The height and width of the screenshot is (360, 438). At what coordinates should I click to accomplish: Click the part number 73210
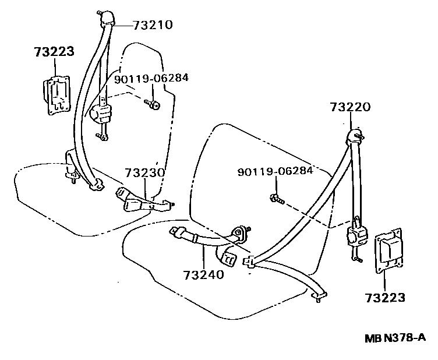tap(153, 25)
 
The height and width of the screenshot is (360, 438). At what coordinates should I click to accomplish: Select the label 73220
tap(349, 107)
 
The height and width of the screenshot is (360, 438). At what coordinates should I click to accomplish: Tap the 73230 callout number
tap(144, 173)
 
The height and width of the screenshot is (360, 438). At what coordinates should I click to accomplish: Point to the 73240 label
tap(203, 274)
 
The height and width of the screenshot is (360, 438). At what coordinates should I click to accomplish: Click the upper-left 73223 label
tap(54, 52)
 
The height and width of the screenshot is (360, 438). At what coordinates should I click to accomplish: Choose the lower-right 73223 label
tap(385, 298)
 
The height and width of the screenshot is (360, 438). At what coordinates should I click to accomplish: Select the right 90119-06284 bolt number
tap(275, 171)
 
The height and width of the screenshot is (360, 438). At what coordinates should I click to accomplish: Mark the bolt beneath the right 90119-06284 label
tap(277, 199)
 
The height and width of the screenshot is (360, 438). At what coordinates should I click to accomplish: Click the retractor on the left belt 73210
tap(103, 111)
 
